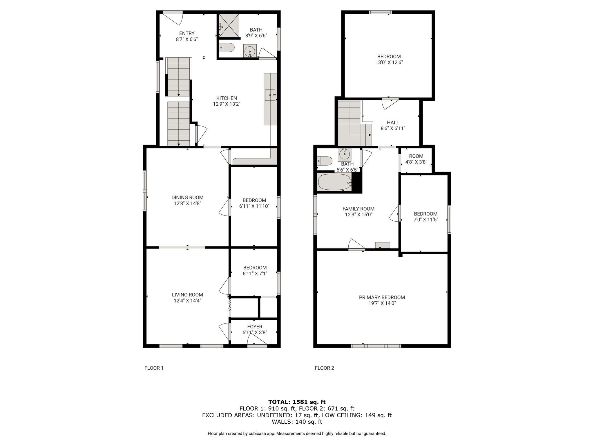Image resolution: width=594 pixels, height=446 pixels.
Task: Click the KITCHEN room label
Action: pos(227,98)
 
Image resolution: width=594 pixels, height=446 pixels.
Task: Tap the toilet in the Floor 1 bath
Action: pos(227,47)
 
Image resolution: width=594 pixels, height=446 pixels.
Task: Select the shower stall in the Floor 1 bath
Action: pos(229,26)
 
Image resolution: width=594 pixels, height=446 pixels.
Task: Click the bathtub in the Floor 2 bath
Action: pos(334,182)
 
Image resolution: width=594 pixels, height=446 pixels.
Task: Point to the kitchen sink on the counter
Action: pos(270,95)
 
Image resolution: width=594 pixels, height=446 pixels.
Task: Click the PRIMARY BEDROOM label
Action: pos(382,297)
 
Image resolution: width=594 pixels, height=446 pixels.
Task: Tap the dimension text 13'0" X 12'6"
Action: pos(389,62)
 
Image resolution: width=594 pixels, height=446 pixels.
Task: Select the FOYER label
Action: pos(255,327)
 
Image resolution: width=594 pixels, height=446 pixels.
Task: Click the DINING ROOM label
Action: pos(187,197)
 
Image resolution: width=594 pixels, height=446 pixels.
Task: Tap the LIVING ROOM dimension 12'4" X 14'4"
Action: pos(187,301)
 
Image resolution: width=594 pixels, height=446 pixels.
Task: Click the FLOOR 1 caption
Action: pos(154,368)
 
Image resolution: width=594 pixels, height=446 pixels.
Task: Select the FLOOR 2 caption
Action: pos(324,368)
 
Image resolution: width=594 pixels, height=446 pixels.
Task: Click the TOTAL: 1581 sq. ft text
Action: pos(297,402)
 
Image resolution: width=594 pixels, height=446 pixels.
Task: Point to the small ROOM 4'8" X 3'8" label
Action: pos(416,159)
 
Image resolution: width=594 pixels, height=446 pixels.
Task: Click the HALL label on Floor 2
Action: pos(393,123)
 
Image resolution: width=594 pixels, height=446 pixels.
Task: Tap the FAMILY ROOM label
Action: pos(358,209)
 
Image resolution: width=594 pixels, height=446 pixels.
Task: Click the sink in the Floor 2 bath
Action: pos(345,154)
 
